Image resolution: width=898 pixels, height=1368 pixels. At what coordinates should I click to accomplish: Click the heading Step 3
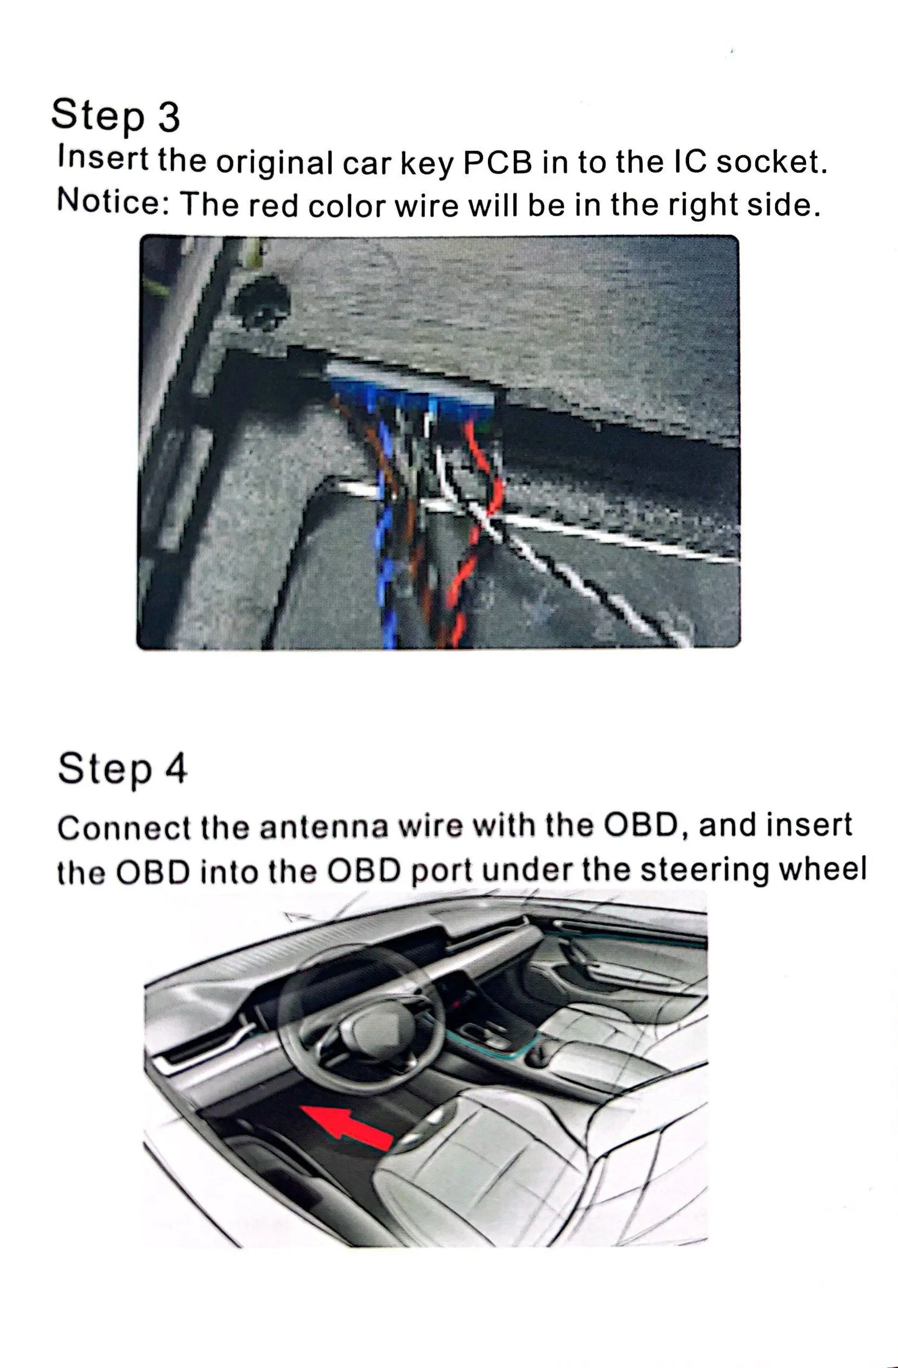click(x=116, y=116)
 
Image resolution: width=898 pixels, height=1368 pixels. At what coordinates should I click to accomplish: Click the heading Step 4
click(x=122, y=769)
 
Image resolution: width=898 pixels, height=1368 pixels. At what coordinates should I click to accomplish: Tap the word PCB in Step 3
click(x=498, y=162)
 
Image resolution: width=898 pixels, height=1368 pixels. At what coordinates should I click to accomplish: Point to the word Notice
click(x=109, y=203)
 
